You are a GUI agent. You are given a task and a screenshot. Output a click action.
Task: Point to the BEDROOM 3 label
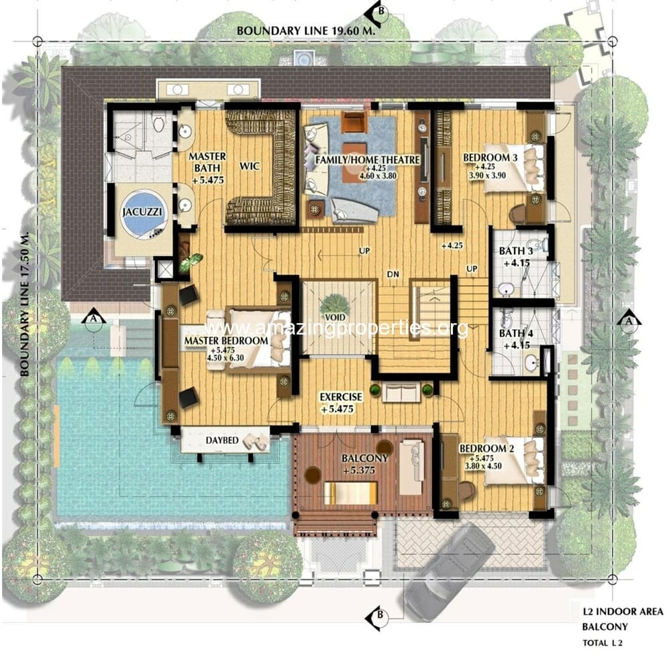tap(490, 158)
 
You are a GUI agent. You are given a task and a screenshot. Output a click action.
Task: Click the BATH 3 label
tap(516, 251)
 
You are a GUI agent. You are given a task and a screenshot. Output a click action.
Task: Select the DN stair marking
tap(393, 274)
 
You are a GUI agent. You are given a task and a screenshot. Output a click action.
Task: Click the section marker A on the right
tap(629, 320)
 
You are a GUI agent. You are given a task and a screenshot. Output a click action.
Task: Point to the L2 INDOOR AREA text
tap(622, 611)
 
